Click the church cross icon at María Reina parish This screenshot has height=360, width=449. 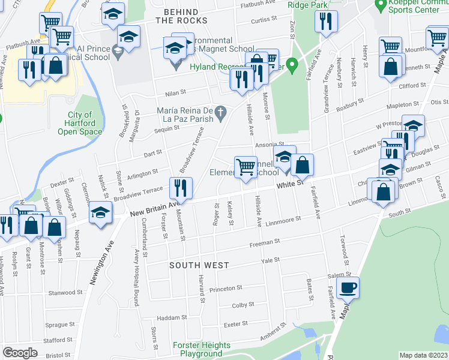coord(221,111)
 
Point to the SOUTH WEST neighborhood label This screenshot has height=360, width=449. coord(199,265)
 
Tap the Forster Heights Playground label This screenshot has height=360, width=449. coord(201,349)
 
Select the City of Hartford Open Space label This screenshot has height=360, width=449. coord(80,123)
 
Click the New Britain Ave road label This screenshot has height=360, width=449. coord(155,209)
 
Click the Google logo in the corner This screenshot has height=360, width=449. coord(20,353)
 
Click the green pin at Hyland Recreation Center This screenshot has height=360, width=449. coord(292,64)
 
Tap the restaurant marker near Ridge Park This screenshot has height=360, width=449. coord(326,23)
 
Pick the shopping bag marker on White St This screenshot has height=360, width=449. coord(303,166)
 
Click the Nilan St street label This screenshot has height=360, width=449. coord(176,95)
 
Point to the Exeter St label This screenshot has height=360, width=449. coord(236,323)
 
